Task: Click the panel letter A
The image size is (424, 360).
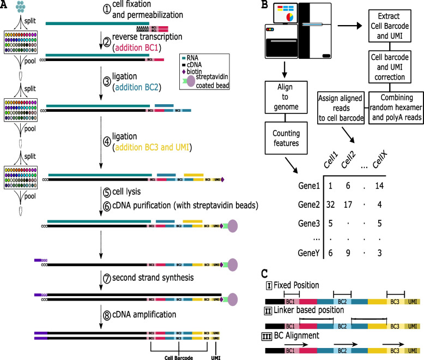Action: point(5,5)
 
